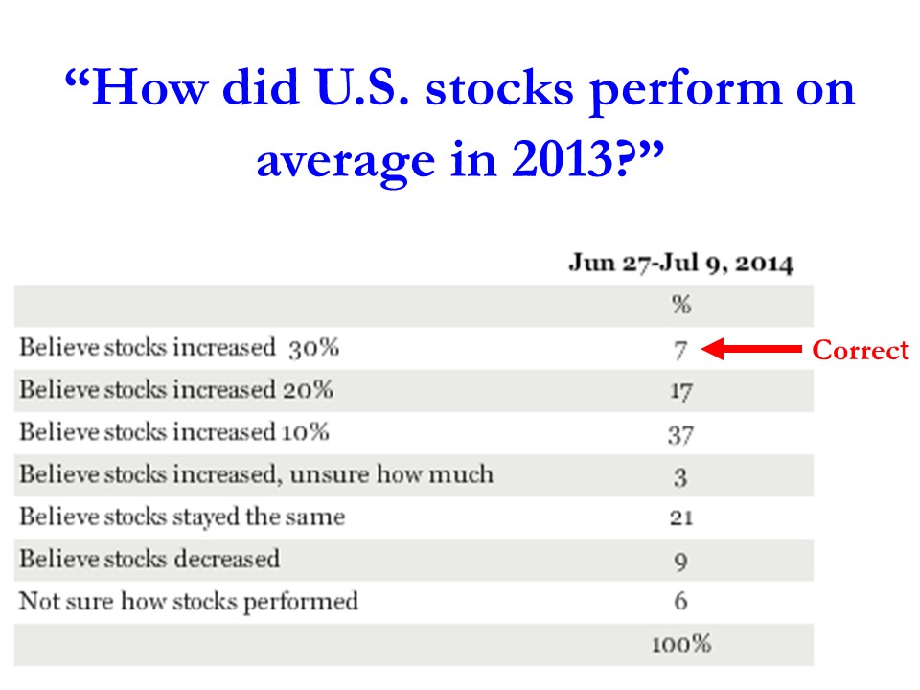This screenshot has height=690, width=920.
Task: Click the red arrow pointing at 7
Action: (x=751, y=349)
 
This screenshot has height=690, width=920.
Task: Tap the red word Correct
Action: (x=861, y=350)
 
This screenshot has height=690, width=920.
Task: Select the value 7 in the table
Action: (x=680, y=351)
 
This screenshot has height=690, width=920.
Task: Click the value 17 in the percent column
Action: (x=681, y=391)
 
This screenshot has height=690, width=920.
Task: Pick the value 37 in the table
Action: (x=680, y=435)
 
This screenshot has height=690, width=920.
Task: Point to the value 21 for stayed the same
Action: (x=681, y=517)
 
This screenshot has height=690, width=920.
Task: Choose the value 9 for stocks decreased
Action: (x=680, y=561)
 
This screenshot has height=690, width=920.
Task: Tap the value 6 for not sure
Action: (x=680, y=600)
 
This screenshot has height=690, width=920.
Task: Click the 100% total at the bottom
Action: (x=681, y=644)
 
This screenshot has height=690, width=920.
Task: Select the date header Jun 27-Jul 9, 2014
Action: (x=680, y=263)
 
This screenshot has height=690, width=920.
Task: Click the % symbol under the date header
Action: (x=681, y=305)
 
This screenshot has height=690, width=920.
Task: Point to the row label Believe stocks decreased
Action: (x=149, y=559)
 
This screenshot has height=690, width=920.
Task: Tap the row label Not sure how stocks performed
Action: (x=189, y=601)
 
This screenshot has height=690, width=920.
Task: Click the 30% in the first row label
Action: (x=313, y=347)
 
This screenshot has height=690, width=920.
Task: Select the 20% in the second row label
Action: (x=308, y=390)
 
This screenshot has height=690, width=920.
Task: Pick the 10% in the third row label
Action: (x=305, y=432)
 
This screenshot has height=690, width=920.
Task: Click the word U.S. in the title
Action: (x=362, y=87)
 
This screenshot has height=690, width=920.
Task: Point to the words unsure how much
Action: (x=391, y=474)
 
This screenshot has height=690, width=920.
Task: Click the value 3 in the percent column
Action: (x=680, y=477)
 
